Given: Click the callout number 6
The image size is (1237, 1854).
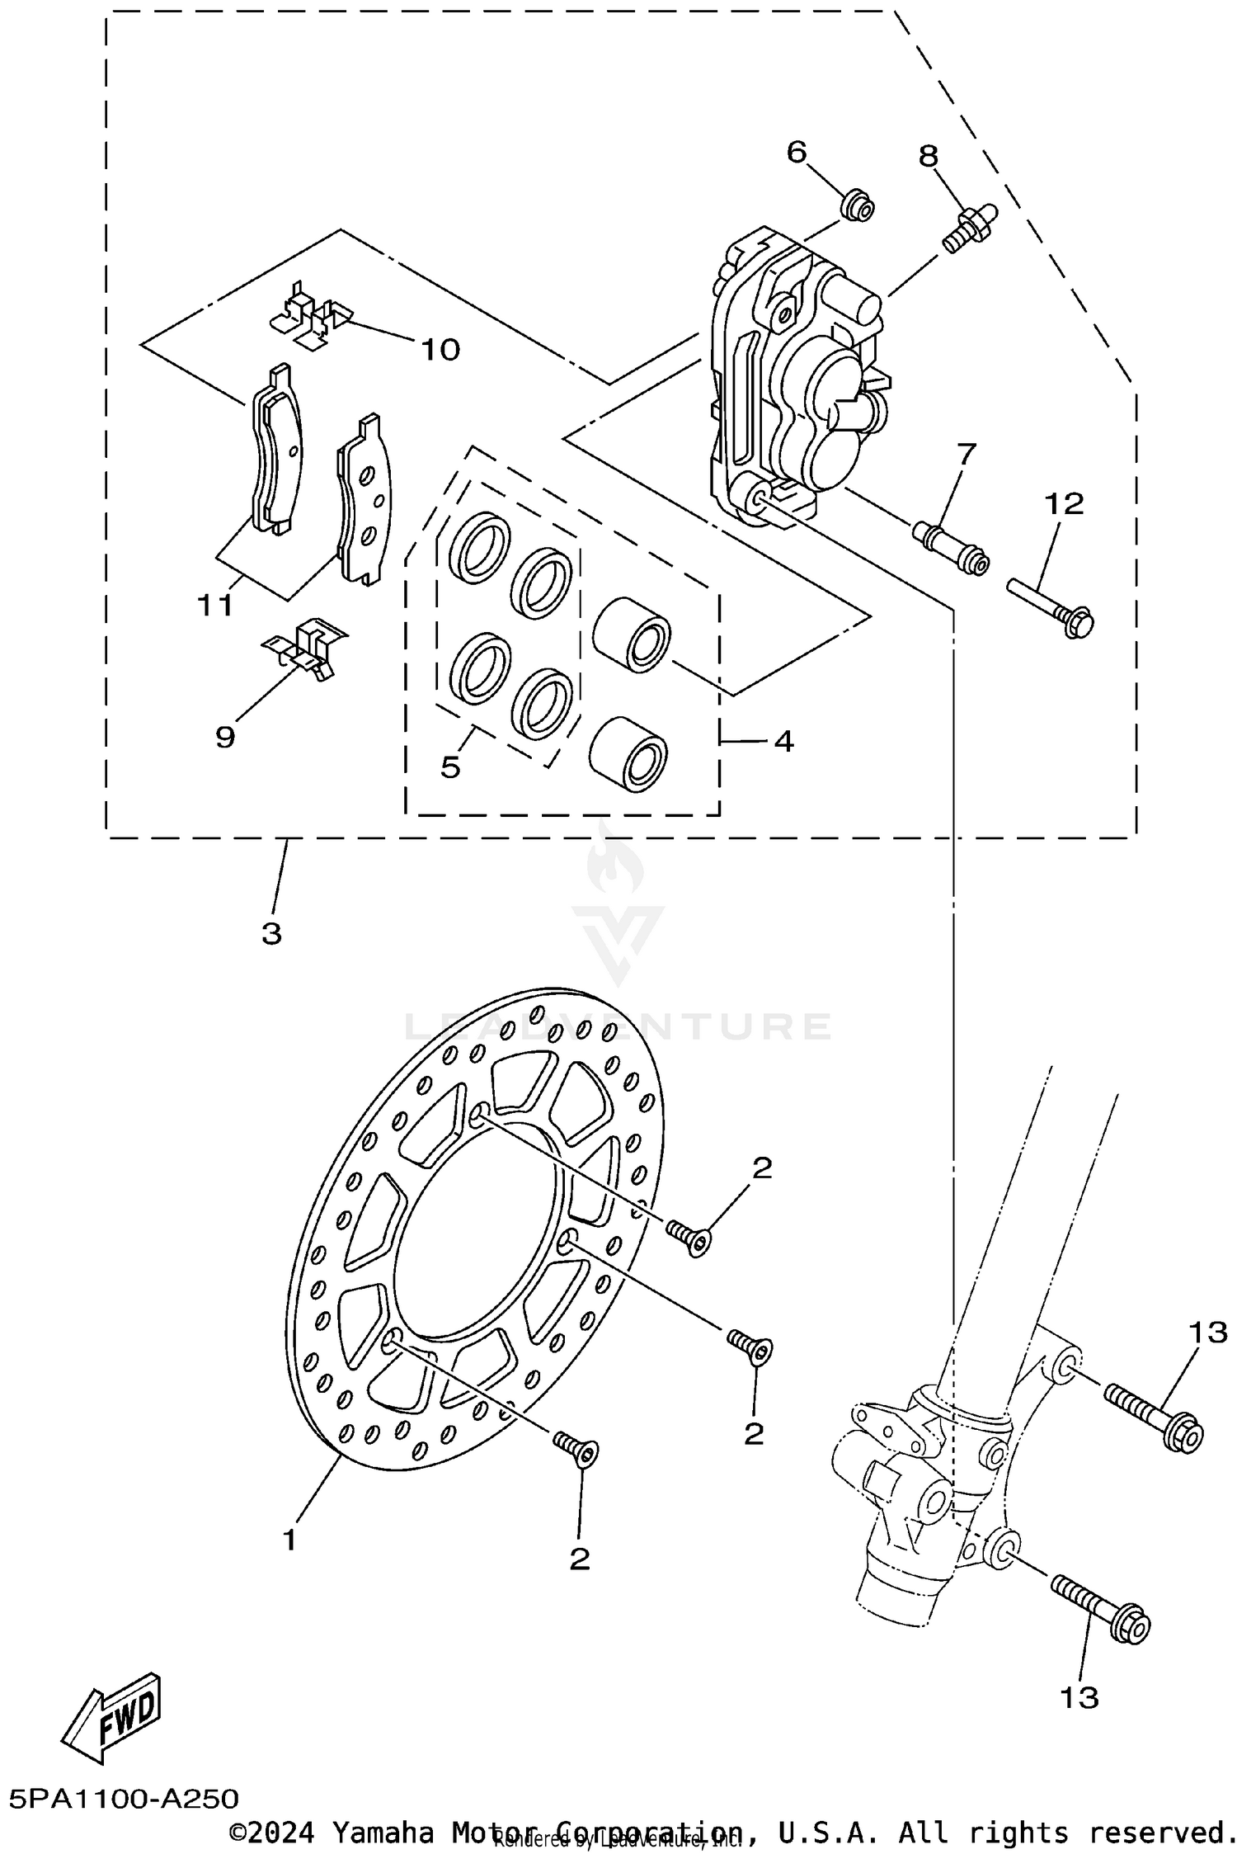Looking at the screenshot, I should click(797, 152).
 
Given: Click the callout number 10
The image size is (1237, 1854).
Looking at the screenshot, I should click(440, 350).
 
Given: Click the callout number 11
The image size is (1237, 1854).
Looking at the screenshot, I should click(214, 606).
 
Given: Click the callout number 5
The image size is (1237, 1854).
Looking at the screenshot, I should click(450, 767).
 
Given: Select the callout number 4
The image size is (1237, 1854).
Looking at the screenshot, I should click(783, 741).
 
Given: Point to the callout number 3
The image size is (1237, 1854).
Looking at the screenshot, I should click(271, 934).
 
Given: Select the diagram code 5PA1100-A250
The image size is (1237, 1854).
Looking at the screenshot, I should click(125, 1798).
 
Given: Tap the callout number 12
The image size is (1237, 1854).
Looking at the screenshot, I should click(1064, 503).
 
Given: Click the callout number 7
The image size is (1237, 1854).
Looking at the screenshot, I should click(966, 452).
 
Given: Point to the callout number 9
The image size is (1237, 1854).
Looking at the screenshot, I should click(225, 737).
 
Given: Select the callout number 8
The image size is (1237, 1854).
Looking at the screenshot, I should click(929, 155).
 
